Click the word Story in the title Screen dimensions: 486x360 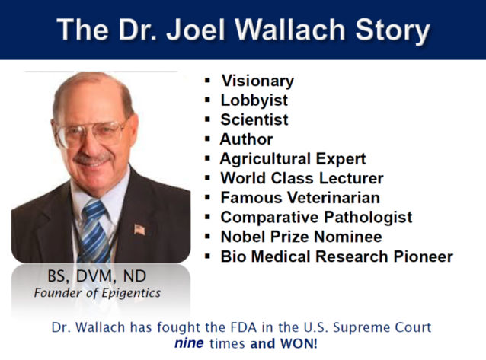click(393, 30)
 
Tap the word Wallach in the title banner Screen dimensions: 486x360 click(290, 29)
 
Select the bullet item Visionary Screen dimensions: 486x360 click(257, 81)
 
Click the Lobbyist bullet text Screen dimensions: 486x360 click(254, 100)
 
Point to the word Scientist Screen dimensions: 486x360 click(254, 119)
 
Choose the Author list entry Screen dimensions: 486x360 click(246, 139)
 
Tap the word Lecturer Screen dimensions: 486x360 click(351, 178)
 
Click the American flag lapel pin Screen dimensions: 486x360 click(139, 230)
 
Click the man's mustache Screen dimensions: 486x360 click(92, 158)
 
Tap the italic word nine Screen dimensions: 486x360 click(189, 343)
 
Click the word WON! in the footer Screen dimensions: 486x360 click(299, 343)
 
